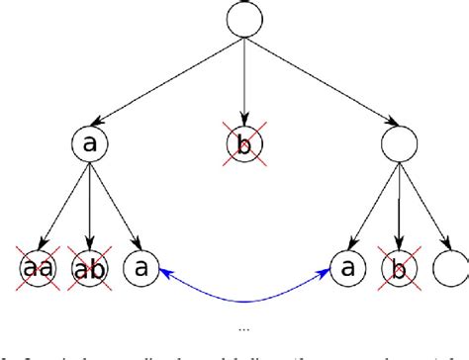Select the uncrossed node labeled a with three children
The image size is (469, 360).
[x=91, y=145]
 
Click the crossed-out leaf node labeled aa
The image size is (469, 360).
[x=39, y=267]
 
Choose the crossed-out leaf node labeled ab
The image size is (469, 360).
[x=90, y=267]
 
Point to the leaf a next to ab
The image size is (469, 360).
[x=141, y=267]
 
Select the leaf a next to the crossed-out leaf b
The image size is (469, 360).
[x=343, y=267]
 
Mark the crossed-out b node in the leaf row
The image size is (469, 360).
[x=395, y=267]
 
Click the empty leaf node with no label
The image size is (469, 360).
[x=446, y=267]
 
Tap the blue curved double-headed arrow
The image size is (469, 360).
[x=242, y=300]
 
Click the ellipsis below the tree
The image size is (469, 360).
[x=242, y=326]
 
